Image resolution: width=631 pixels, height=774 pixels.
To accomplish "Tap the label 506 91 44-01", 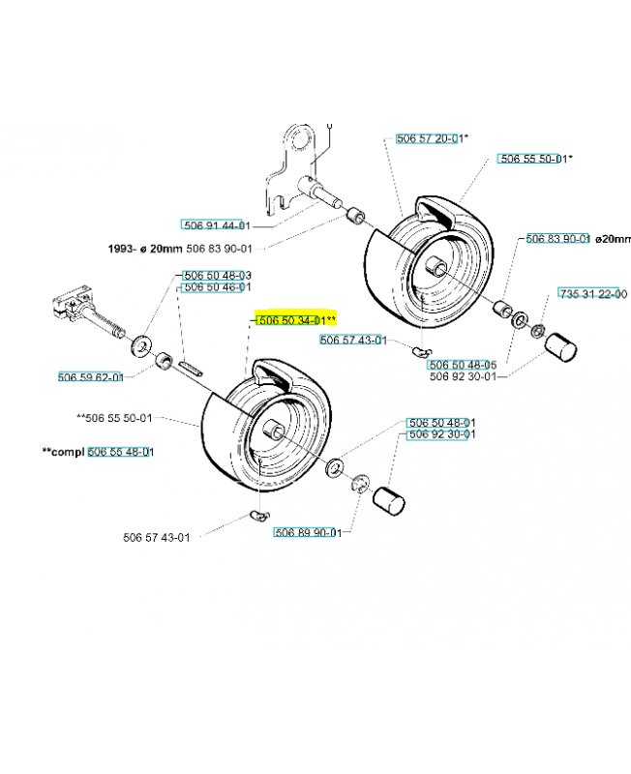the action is [x=217, y=225].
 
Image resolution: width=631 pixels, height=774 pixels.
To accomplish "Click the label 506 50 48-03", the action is [x=217, y=276].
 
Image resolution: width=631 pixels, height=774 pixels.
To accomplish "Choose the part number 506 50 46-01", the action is [x=217, y=286].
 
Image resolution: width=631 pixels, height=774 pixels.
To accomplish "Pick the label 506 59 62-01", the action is [x=91, y=377].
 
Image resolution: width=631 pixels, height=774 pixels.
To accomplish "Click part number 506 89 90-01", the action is [x=308, y=533].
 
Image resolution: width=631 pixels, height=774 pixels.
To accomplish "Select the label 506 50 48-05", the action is [x=463, y=366].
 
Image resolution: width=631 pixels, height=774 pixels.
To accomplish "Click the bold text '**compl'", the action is [x=63, y=452].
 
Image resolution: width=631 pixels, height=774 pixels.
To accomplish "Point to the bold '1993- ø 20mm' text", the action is [x=145, y=249].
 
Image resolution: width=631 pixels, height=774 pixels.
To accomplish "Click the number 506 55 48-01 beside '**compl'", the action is [x=121, y=452].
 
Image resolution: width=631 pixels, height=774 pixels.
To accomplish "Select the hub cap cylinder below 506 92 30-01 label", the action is [x=389, y=501].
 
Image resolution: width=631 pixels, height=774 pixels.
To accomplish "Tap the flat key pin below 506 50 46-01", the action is [x=191, y=370].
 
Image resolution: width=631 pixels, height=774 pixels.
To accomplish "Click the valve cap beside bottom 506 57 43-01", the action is [x=260, y=516].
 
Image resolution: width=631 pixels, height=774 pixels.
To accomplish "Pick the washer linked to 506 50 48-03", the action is [x=140, y=345].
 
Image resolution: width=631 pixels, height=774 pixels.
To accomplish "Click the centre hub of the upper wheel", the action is [x=436, y=266].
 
